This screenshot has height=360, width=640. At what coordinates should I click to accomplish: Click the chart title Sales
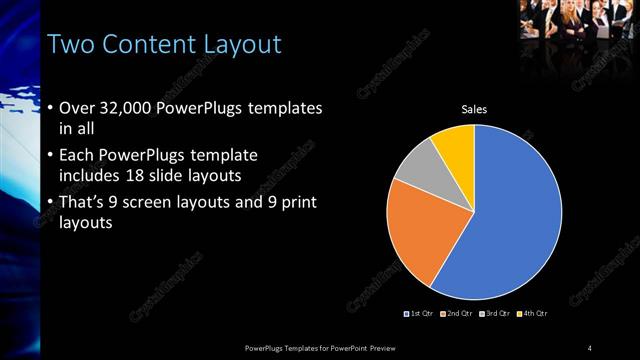474,109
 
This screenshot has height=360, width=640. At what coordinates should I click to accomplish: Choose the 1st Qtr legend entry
418,314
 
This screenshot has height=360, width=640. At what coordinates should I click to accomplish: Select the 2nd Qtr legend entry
459,314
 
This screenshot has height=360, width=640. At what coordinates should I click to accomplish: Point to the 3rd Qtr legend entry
498,314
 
